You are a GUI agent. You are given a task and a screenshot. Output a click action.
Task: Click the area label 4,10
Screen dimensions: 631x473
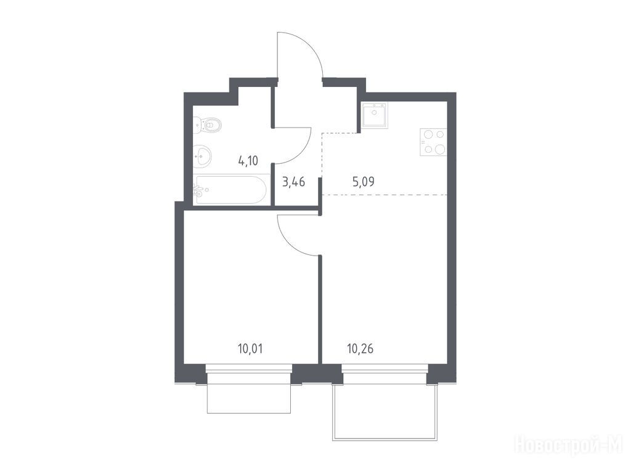click(x=248, y=161)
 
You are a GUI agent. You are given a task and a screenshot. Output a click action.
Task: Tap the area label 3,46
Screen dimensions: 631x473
click(x=294, y=182)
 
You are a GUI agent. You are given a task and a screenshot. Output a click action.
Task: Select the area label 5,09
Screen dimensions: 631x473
click(x=364, y=182)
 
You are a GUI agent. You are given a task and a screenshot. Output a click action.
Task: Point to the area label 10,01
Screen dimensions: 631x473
click(x=250, y=349)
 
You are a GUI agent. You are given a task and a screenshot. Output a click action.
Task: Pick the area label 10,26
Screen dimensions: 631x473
click(x=360, y=349)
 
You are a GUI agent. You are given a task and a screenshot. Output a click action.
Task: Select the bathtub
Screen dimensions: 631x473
click(x=231, y=190)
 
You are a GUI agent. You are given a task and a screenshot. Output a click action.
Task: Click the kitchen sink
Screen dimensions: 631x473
click(x=375, y=115)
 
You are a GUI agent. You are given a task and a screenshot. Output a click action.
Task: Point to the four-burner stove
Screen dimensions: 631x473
click(x=433, y=142)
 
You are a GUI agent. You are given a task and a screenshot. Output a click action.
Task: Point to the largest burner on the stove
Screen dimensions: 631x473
click(x=439, y=149)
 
